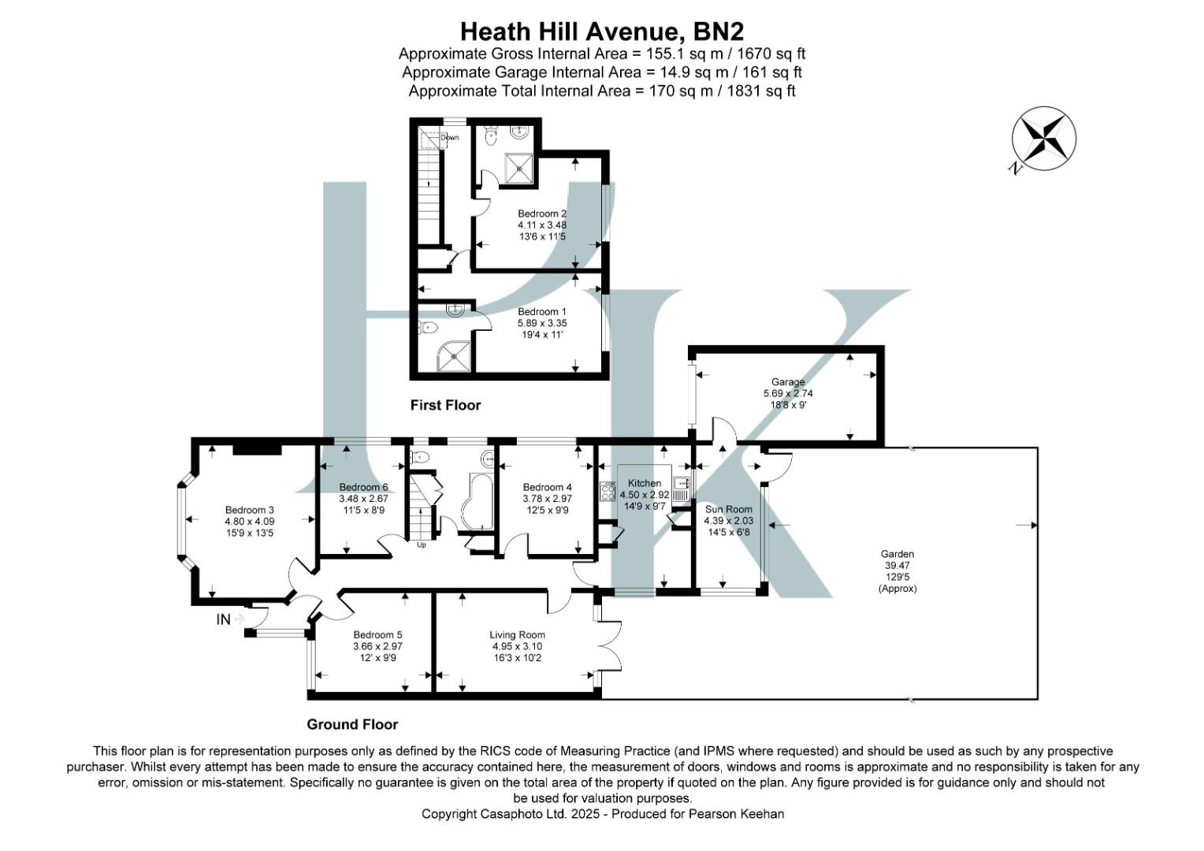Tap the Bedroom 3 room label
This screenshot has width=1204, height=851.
coord(250,510)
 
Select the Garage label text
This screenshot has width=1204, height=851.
coord(787,382)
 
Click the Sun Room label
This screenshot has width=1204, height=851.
coord(728,509)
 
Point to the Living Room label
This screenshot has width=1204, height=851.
coord(517,634)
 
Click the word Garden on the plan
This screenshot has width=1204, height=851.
coord(897,554)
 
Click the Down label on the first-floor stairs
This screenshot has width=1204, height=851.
coord(449,137)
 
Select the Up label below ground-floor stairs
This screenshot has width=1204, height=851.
coord(421,545)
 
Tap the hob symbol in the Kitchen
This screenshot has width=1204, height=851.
coord(608,492)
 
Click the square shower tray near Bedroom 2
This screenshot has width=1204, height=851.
coord(518,166)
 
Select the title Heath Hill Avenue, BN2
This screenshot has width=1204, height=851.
coord(602,31)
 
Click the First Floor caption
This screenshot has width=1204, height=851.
coord(445,405)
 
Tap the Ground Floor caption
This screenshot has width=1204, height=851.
coord(352,724)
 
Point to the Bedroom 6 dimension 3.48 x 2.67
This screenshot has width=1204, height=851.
coord(363,498)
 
